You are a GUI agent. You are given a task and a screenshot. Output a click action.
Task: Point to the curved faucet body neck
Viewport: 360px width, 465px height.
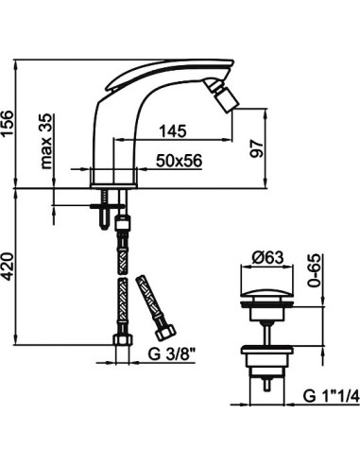point(128,132)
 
